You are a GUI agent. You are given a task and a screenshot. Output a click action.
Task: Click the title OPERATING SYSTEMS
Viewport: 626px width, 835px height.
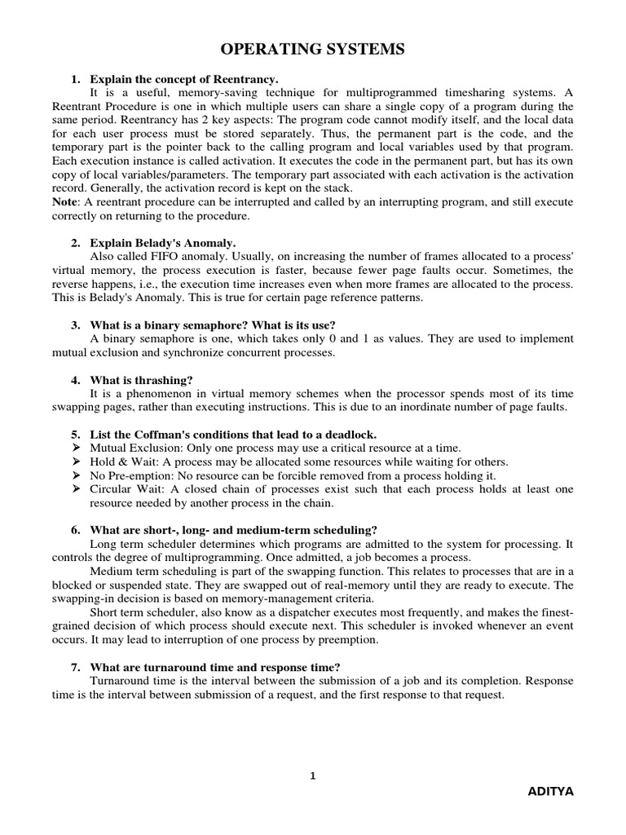313,51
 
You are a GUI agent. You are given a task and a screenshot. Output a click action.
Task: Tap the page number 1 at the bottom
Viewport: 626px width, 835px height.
312,775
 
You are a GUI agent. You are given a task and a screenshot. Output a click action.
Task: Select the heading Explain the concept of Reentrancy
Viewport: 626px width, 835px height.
184,79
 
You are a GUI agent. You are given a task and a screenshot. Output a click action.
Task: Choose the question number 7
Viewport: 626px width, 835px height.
75,665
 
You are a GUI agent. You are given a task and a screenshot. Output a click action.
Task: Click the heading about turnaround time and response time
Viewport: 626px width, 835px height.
220,665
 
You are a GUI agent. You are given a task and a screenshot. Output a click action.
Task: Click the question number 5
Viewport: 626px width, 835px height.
75,435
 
